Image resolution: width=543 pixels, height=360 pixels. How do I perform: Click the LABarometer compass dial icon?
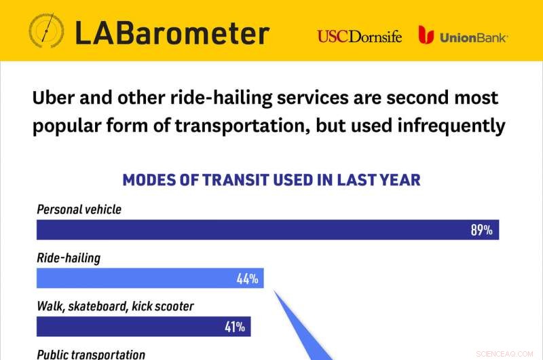[x=46, y=31]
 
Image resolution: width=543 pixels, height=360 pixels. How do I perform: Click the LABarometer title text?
[x=172, y=33]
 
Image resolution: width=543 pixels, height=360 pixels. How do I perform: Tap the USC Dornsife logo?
[x=360, y=37]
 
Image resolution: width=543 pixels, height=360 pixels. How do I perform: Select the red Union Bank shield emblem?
[x=426, y=35]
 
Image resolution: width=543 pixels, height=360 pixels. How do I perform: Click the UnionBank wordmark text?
[x=473, y=37]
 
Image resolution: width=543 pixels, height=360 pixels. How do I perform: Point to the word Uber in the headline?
[x=54, y=98]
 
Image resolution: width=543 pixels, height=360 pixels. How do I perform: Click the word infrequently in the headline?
[x=451, y=126]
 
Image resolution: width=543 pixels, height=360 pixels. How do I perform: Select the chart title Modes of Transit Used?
[x=271, y=180]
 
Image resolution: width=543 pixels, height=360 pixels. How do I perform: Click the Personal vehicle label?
[x=79, y=210]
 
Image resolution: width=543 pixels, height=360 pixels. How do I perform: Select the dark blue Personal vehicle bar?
[x=267, y=230]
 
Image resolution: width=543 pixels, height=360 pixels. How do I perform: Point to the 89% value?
[x=481, y=230]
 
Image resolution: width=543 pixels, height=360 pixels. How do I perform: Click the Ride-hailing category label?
[x=69, y=259]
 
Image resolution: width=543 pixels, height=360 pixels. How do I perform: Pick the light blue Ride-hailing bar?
[x=150, y=278]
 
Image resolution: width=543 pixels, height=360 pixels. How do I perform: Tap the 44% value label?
[x=247, y=278]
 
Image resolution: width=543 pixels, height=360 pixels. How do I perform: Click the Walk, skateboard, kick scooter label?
[x=115, y=306]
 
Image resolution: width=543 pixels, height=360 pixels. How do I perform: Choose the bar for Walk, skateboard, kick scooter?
[x=144, y=327]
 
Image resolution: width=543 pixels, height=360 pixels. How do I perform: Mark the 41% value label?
[x=234, y=327]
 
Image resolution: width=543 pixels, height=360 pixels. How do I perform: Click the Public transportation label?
[x=91, y=355]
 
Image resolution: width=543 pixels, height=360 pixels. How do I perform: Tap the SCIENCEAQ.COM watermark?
[x=504, y=354]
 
